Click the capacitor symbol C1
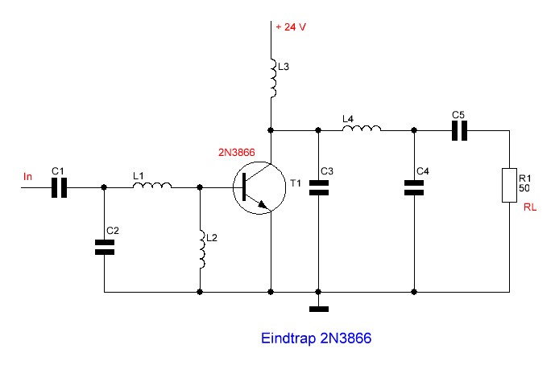click(x=59, y=187)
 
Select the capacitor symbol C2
click(x=105, y=248)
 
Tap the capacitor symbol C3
click(x=318, y=187)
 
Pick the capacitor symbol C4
click(x=414, y=187)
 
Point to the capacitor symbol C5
click(x=459, y=131)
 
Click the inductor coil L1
click(x=152, y=185)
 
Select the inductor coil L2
click(x=202, y=249)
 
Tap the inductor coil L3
click(x=273, y=78)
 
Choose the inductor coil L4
click(x=362, y=128)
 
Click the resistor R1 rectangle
click(x=509, y=185)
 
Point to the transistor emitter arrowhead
click(x=263, y=204)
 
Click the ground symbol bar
click(x=318, y=310)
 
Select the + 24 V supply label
click(x=291, y=27)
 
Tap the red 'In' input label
click(x=27, y=176)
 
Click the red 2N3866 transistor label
click(x=237, y=152)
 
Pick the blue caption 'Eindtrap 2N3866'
click(x=316, y=338)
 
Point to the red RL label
click(x=530, y=207)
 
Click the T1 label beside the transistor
click(x=296, y=183)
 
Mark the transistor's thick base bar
click(x=244, y=187)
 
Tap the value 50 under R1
click(x=524, y=188)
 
